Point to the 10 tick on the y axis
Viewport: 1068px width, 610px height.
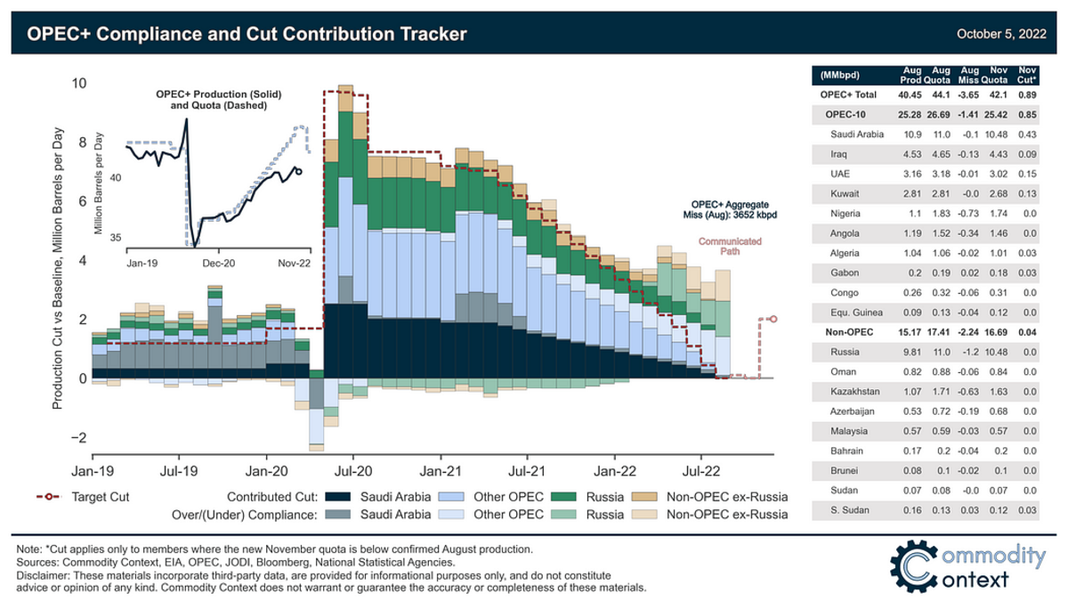(79, 84)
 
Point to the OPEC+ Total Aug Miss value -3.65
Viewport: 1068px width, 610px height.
(965, 94)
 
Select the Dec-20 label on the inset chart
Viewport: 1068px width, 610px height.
(217, 264)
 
